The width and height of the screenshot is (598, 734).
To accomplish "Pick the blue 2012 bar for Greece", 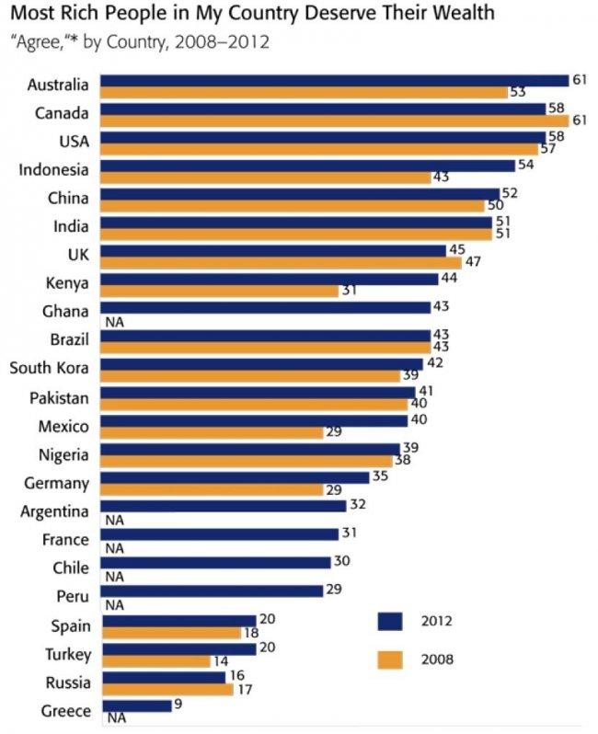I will pyautogui.click(x=135, y=705).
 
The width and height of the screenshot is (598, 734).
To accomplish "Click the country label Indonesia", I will pyautogui.click(x=54, y=170).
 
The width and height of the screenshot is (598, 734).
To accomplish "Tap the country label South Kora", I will pyautogui.click(x=49, y=369).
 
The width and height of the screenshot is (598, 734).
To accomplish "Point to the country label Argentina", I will pyautogui.click(x=54, y=510).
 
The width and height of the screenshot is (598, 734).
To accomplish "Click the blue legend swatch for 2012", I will pyautogui.click(x=391, y=622).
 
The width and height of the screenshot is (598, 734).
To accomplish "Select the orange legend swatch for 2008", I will pyautogui.click(x=391, y=659).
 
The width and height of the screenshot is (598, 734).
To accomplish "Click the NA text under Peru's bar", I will pyautogui.click(x=116, y=605).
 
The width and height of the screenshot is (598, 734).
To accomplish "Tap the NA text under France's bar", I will pyautogui.click(x=116, y=547).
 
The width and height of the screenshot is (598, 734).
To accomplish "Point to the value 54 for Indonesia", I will pyautogui.click(x=525, y=165).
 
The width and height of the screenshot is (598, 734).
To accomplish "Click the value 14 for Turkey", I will pyautogui.click(x=220, y=661).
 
